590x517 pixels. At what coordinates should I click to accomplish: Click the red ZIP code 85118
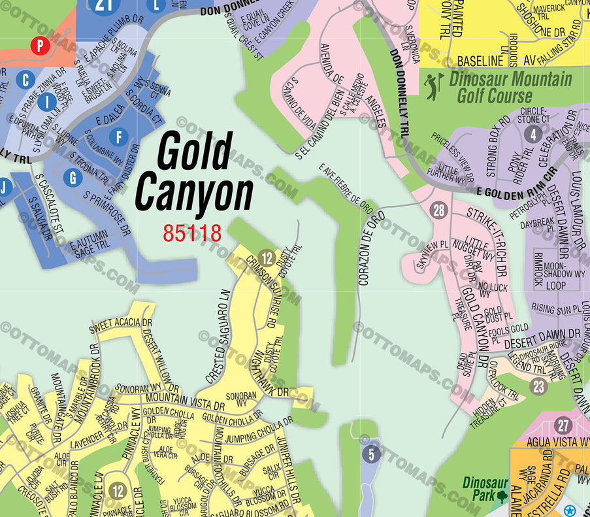(x=192, y=233)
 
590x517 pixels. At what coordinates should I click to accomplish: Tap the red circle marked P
(x=40, y=45)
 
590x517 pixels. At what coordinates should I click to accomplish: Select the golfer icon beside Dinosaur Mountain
(x=432, y=87)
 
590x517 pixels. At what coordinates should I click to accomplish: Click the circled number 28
(x=440, y=210)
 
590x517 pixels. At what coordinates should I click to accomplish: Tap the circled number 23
(x=538, y=386)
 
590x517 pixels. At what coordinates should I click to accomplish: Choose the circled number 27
(x=563, y=425)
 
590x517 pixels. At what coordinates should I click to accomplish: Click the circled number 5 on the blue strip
(x=370, y=453)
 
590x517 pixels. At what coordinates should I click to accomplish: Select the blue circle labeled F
(x=118, y=137)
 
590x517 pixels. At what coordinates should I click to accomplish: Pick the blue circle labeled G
(x=73, y=177)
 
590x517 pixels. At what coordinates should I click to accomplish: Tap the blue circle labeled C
(x=26, y=80)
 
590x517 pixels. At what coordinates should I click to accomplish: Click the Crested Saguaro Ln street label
(x=218, y=336)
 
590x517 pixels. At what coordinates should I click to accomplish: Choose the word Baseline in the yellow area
(x=480, y=61)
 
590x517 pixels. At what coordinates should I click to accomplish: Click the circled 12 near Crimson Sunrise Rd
(x=265, y=258)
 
